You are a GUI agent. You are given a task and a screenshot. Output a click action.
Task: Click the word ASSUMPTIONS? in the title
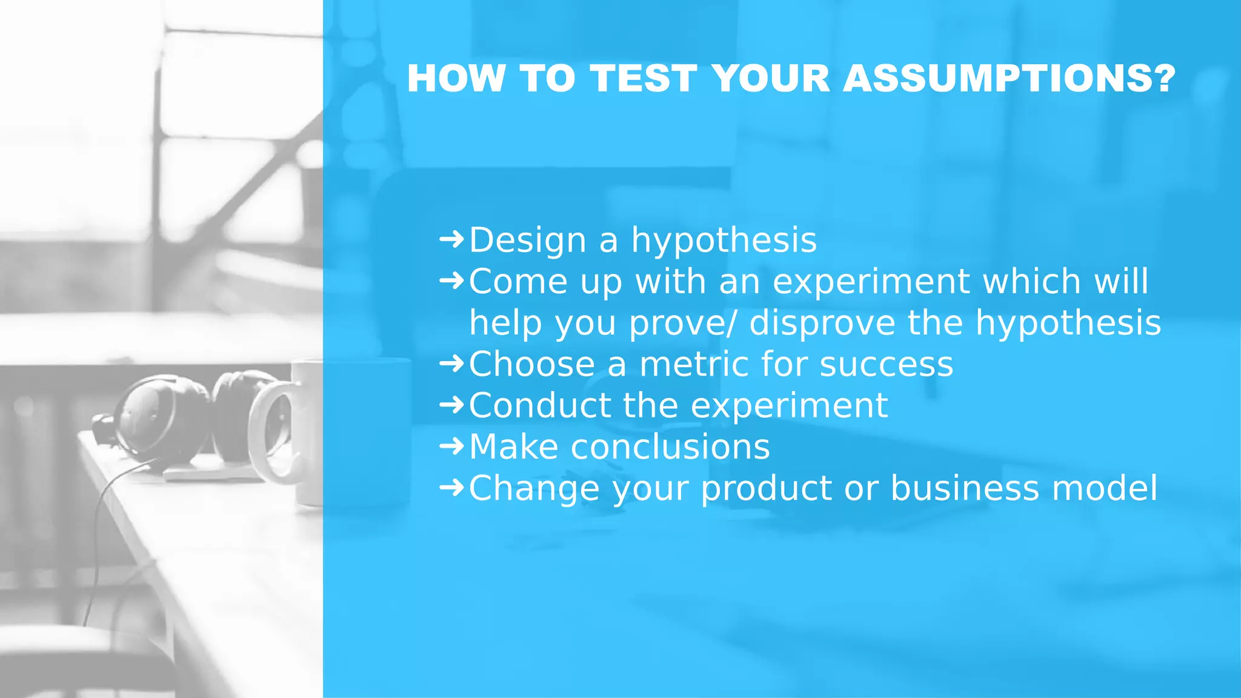[x=1009, y=79]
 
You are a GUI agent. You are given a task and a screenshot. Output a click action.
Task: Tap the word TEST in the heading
[x=643, y=79]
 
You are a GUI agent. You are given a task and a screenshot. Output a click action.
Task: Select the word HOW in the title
[x=456, y=79]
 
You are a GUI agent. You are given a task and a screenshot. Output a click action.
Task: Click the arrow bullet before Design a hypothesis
[x=451, y=239]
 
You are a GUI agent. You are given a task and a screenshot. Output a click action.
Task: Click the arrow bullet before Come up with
[x=451, y=280]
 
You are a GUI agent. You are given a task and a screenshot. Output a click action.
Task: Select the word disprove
[x=822, y=322]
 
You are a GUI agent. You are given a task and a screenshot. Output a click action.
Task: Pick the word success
[x=886, y=364]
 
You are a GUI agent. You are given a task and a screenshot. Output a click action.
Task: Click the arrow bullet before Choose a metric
[x=451, y=363]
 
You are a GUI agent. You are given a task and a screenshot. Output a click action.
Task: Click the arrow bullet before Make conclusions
[x=451, y=446]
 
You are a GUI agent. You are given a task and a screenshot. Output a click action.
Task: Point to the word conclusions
[x=670, y=447]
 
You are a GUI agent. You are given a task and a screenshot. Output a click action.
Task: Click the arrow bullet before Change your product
[x=451, y=487]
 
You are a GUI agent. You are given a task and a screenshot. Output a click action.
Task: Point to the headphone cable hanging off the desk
[x=97, y=545]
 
